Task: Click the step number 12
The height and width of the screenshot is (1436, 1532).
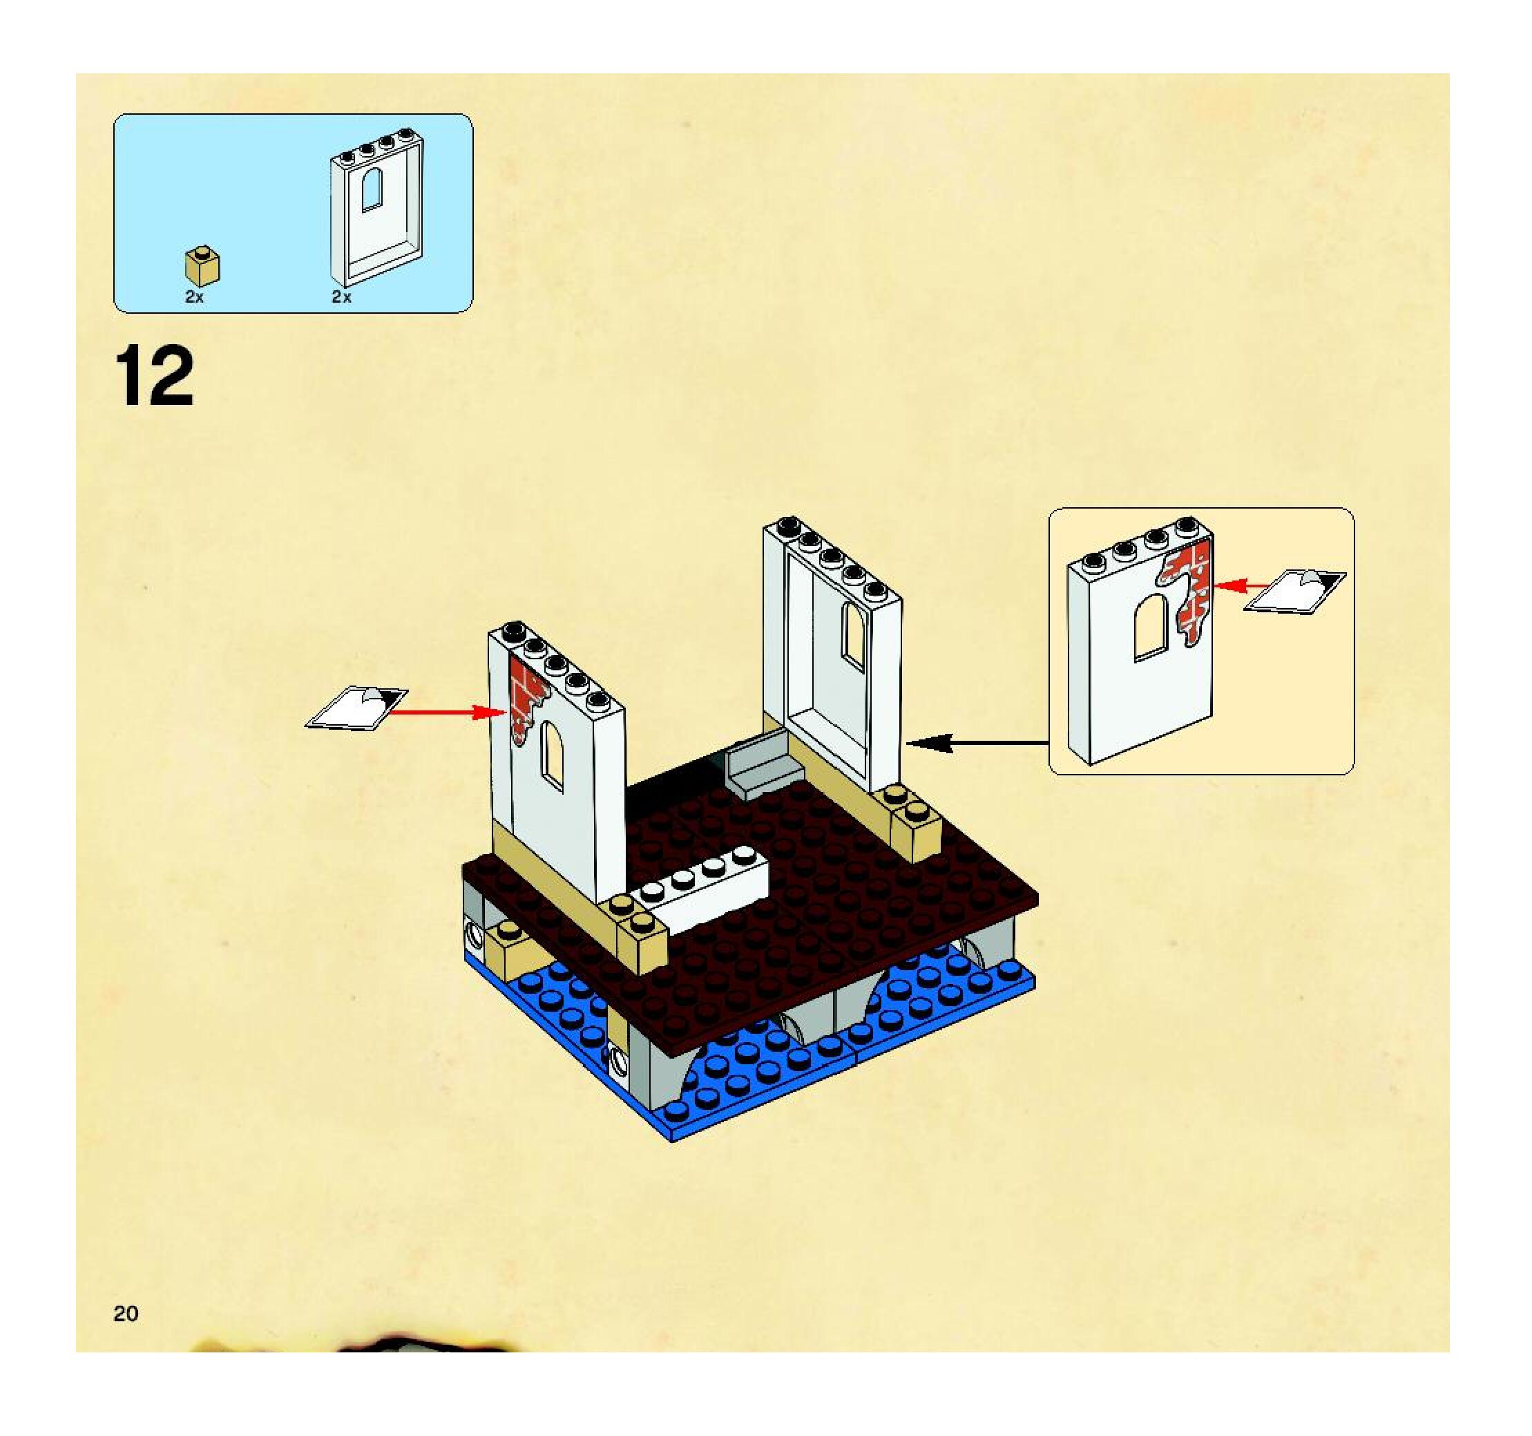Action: coord(154,376)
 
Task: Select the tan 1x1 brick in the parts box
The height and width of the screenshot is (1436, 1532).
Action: coord(202,267)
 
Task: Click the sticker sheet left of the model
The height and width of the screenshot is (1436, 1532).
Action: coord(357,706)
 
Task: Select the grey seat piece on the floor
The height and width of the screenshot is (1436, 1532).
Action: coord(763,763)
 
